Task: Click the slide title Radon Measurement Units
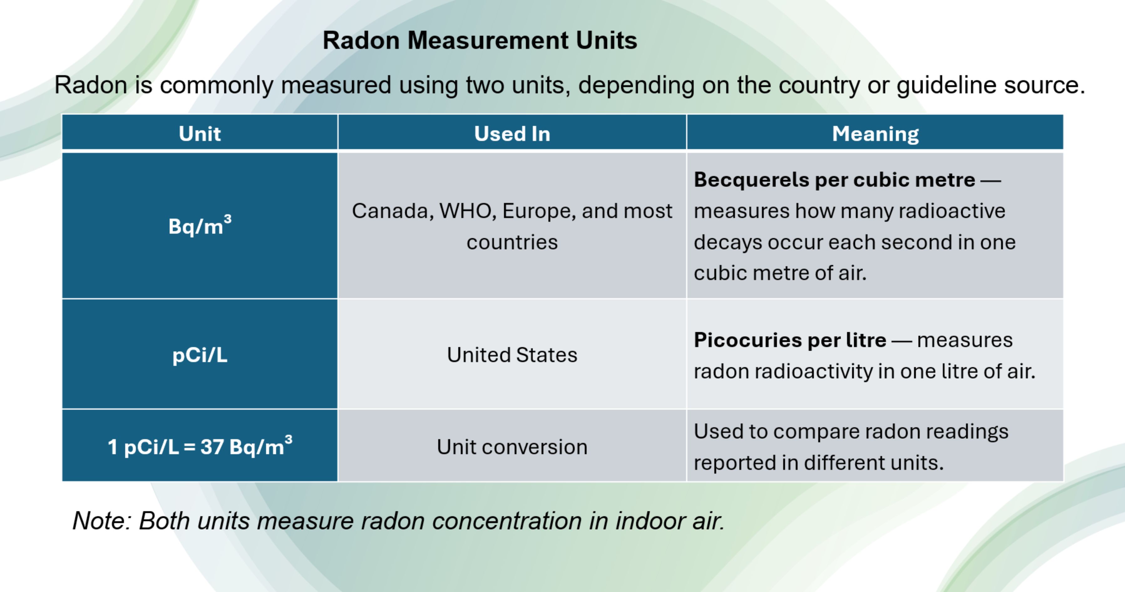point(480,41)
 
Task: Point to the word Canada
point(393,211)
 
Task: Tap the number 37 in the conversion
point(212,447)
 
